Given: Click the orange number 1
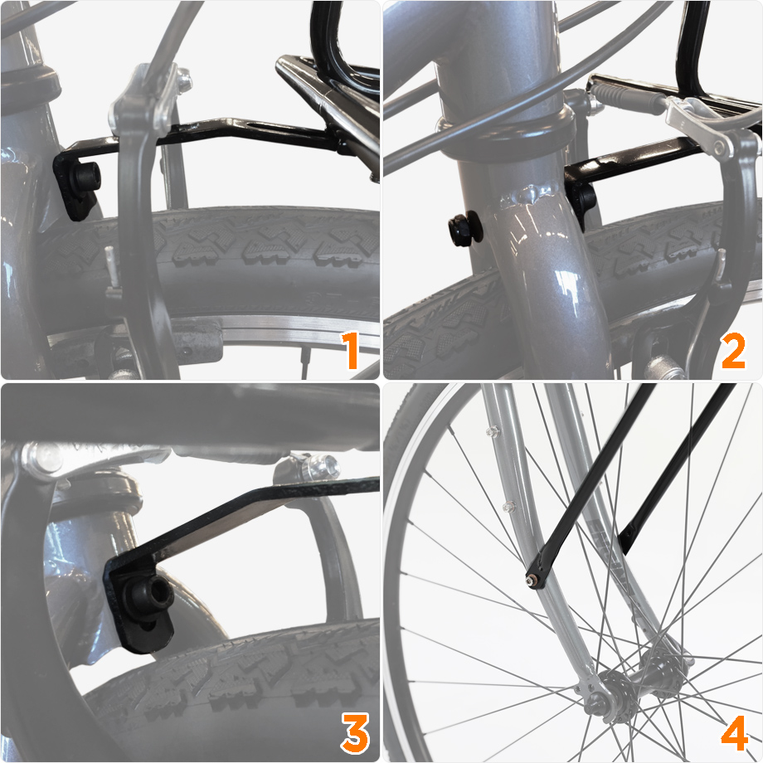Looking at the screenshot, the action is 352,350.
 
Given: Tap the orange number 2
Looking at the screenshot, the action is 733,350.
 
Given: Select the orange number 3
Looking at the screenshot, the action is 355,733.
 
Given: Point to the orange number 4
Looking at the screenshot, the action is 735,733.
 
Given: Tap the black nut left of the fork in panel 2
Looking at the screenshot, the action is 464,228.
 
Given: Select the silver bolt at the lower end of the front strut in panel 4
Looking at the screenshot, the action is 530,580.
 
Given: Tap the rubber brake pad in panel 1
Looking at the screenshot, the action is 195,344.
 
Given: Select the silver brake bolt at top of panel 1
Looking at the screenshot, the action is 183,80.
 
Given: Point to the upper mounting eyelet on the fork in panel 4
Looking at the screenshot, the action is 492,431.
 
